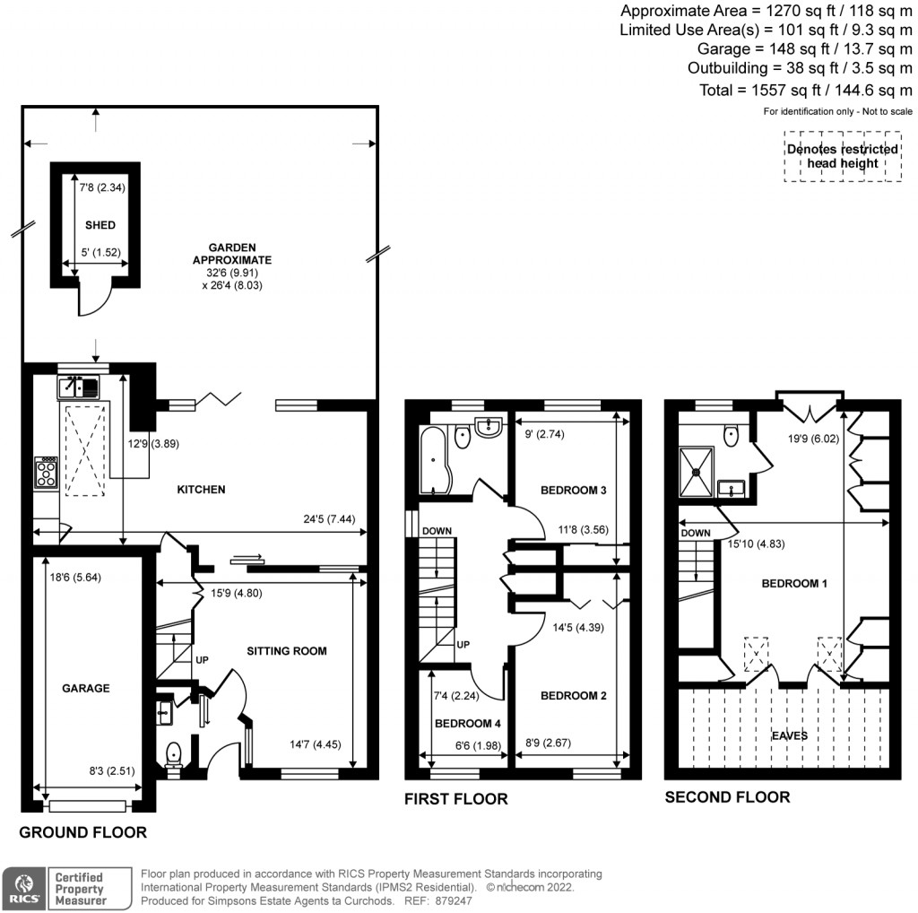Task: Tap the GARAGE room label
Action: point(86,688)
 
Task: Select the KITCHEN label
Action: point(201,490)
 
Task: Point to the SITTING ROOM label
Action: point(287,650)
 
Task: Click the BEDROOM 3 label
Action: point(574,491)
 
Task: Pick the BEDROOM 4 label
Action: point(468,723)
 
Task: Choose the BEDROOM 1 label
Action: point(794,583)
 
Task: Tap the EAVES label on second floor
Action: point(790,735)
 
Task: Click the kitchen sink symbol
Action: point(80,387)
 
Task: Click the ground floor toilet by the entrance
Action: point(172,754)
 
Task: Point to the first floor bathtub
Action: point(431,460)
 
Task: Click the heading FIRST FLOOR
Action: point(455,798)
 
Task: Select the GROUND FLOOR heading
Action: point(82,832)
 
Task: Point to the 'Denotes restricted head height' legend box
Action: point(842,156)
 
